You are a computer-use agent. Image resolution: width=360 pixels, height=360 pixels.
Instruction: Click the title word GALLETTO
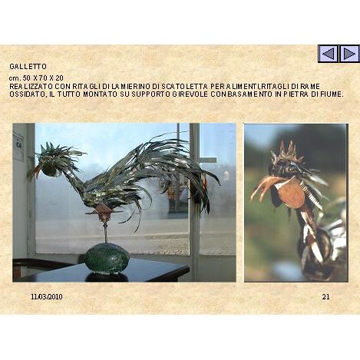tap(28, 67)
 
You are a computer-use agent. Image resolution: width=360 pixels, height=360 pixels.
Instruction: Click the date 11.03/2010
tap(47, 297)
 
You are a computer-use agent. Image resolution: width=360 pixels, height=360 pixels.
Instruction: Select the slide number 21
tap(325, 297)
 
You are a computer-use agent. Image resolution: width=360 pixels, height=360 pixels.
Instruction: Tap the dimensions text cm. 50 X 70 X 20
tap(36, 78)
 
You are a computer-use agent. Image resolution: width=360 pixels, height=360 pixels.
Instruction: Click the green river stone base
tap(107, 258)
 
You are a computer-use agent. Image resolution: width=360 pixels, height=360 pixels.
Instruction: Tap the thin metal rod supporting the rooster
tap(105, 232)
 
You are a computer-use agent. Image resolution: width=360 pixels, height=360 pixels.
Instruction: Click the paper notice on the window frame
tap(18, 147)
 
